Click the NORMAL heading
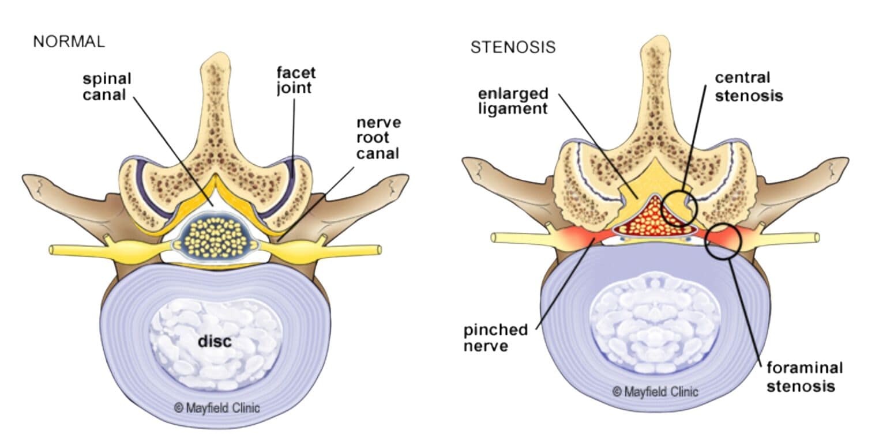coord(69,41)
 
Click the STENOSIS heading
coord(513,47)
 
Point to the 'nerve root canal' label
coord(378,138)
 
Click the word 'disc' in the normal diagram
coord(215,341)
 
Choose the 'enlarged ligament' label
coord(512,100)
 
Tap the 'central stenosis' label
coord(749,86)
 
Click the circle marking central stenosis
coord(679,208)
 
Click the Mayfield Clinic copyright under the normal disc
coord(216,408)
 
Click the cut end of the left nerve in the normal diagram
coord(52,250)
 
